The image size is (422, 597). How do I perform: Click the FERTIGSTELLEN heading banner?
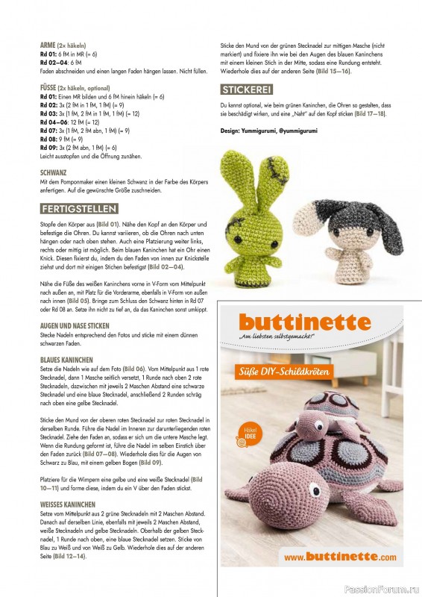point(79,208)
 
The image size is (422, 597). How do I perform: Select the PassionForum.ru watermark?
point(387,589)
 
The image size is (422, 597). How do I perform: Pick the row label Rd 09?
point(49,149)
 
